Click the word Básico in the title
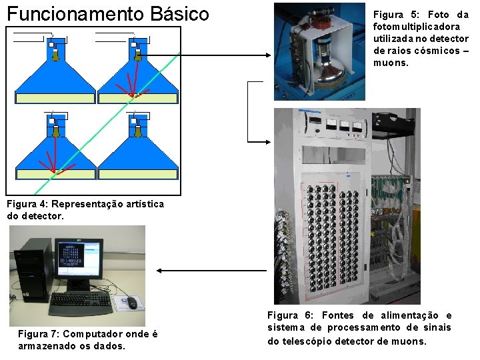(175, 13)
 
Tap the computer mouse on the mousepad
(133, 303)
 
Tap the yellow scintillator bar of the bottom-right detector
(137, 174)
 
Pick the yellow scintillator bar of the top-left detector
(55, 98)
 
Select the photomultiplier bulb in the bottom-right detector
(138, 132)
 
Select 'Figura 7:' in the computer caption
(39, 334)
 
